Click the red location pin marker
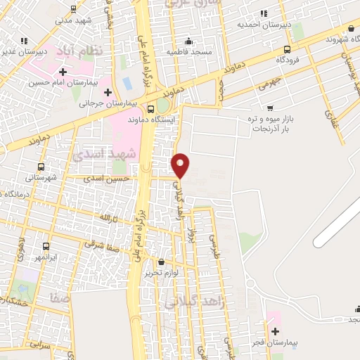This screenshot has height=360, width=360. (x=181, y=166)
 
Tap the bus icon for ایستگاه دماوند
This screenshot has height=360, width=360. (x=150, y=109)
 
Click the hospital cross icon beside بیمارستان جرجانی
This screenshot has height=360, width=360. (x=107, y=92)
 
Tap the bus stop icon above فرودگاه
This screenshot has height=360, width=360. (x=287, y=49)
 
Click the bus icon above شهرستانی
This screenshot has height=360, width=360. (x=41, y=167)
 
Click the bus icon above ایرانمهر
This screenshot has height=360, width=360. (x=46, y=247)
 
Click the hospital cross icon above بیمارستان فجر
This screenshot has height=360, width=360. (x=274, y=330)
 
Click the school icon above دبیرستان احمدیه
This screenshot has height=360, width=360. (x=263, y=13)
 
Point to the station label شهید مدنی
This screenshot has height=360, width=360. (x=73, y=20)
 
